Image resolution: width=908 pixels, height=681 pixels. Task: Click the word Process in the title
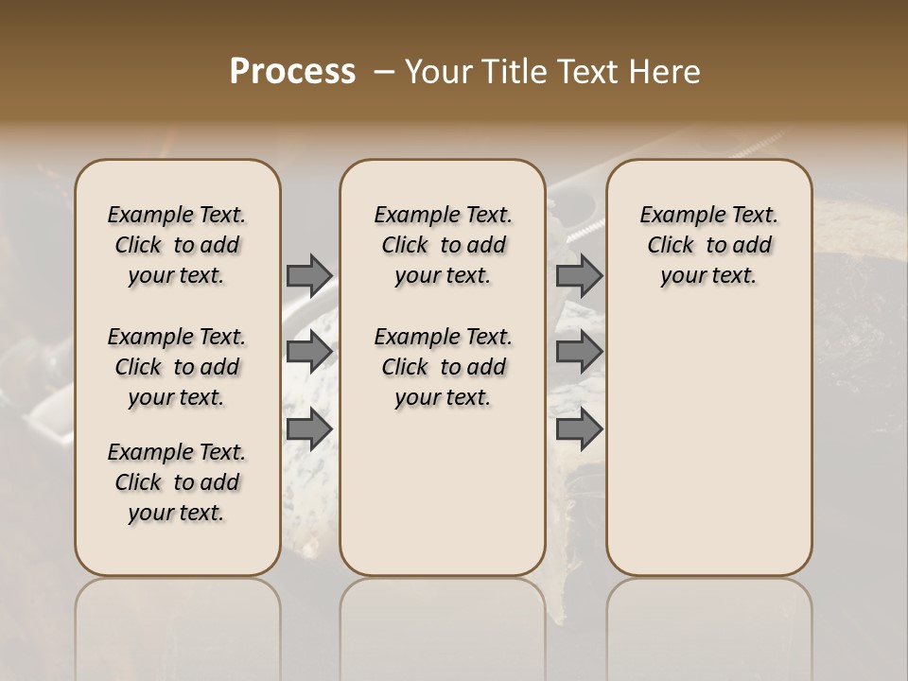coord(292,72)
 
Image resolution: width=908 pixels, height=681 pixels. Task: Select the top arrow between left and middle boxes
coord(309,275)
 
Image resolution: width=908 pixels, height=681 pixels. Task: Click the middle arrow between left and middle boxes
coord(309,352)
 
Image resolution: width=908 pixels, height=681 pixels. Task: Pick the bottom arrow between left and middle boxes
coord(309,429)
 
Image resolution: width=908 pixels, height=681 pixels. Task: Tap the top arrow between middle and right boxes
coord(579,275)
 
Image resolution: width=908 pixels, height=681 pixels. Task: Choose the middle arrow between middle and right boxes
coord(579,352)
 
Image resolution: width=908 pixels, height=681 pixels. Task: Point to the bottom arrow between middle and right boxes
coord(579,429)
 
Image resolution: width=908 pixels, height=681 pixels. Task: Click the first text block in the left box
coord(177,245)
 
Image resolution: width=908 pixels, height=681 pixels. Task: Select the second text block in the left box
coord(177,367)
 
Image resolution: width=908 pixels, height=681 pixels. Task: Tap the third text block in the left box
coord(177,482)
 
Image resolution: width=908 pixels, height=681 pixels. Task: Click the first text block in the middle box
coord(443,245)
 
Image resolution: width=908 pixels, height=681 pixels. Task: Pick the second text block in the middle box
coord(443,367)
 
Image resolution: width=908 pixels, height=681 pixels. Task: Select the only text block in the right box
coord(709,245)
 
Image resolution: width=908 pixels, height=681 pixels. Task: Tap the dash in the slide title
coord(384,72)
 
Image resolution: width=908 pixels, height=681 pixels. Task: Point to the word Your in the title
coord(435,72)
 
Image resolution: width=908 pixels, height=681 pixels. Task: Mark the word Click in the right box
coord(671,246)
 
